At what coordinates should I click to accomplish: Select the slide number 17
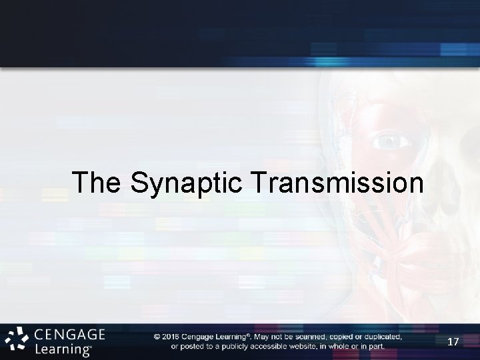click(453, 342)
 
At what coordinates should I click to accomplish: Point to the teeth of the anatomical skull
click(440, 267)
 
